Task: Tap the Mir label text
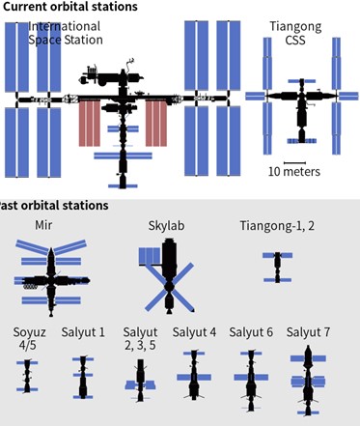(43, 225)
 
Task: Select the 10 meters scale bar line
(294, 163)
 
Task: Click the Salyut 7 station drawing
(308, 381)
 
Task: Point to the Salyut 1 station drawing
(83, 378)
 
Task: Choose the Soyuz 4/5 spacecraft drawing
(27, 376)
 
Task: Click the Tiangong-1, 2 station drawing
(278, 268)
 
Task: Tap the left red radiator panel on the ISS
(90, 123)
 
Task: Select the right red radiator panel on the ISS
(156, 123)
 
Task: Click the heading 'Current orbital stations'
(69, 7)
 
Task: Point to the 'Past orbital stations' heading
(53, 206)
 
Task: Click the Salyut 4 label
(194, 332)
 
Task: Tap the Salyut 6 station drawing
(251, 381)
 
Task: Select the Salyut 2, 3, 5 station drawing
(140, 381)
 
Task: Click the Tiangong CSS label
(295, 33)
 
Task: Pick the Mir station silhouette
(51, 277)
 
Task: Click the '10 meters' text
(294, 172)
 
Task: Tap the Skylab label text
(166, 226)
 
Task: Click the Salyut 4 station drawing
(194, 376)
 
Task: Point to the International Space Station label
(66, 33)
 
